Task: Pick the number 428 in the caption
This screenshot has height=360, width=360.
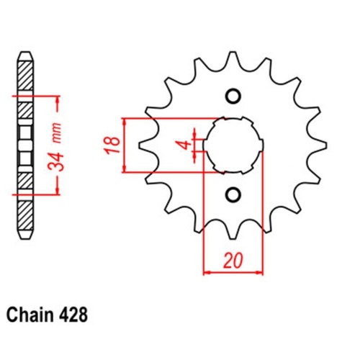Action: pyautogui.click(x=76, y=315)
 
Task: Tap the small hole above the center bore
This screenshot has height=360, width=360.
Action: pyautogui.click(x=233, y=96)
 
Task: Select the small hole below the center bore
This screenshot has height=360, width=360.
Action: pyautogui.click(x=233, y=193)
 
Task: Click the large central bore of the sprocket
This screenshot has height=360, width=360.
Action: pyautogui.click(x=233, y=144)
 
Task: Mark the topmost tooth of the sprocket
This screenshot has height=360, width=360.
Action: pyautogui.click(x=233, y=59)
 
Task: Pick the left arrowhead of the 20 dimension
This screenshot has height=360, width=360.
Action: pyautogui.click(x=207, y=272)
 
